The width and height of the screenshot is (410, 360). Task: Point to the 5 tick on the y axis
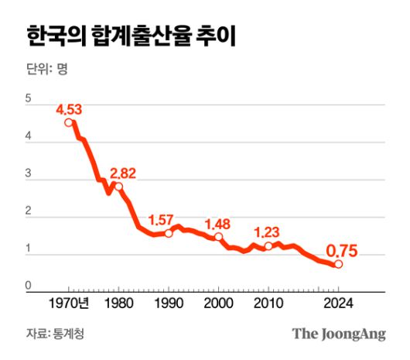tap(29, 99)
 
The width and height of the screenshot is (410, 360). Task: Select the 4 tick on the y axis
tap(29, 138)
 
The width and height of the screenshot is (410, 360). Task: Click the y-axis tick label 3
tap(29, 176)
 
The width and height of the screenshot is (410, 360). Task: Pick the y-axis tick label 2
tap(29, 214)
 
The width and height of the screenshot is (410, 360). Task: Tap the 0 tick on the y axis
tap(29, 286)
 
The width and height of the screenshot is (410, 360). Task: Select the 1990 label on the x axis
tap(169, 303)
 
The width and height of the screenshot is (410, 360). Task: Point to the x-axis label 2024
tap(338, 303)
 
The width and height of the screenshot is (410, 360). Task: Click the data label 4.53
tap(69, 108)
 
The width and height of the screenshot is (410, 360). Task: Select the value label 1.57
tap(162, 218)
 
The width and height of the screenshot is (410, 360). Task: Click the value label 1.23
tap(268, 231)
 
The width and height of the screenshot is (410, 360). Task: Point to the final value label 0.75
tap(341, 250)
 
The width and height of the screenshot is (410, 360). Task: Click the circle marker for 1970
tap(70, 122)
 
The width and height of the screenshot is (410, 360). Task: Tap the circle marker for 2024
tap(338, 264)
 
